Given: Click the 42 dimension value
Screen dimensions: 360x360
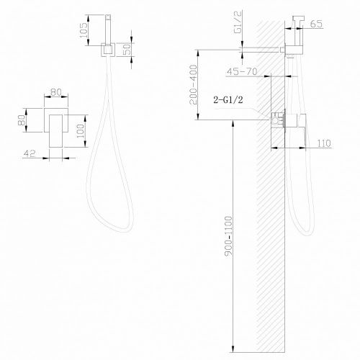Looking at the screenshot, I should (x=31, y=153).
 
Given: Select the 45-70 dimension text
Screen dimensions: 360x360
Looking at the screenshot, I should (x=243, y=72).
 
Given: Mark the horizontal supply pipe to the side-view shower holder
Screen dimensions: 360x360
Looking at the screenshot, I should (x=263, y=49).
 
